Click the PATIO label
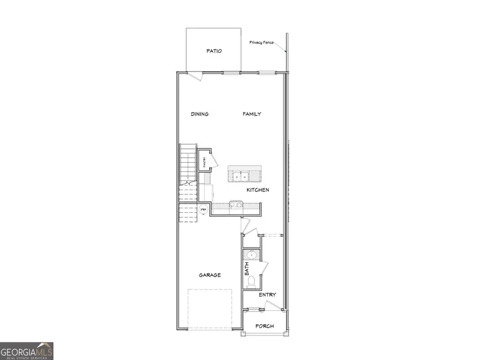coord(214,52)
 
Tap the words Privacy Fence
coord(261,43)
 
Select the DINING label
coord(199,114)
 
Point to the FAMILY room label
coord(252,114)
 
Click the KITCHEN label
coord(258,190)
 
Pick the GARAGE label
coord(210,275)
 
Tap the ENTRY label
coord(267,295)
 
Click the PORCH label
coord(264,326)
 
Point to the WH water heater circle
coord(203,210)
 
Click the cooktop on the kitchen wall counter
coord(236,204)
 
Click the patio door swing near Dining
coord(196,77)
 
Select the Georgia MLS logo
coord(27,351)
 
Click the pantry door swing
coord(212,159)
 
